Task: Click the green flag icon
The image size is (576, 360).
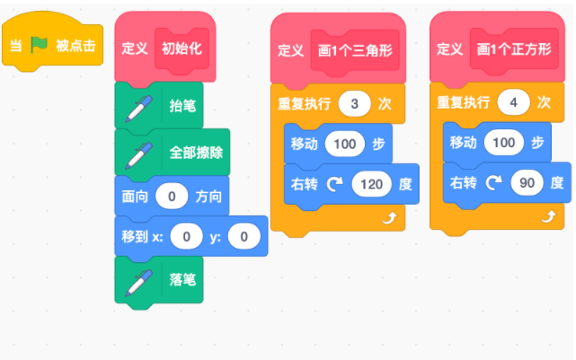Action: point(39,45)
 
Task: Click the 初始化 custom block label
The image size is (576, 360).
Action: point(182,48)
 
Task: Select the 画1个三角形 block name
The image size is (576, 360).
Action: point(355,50)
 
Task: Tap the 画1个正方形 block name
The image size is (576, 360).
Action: point(514,48)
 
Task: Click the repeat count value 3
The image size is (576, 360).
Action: point(354,104)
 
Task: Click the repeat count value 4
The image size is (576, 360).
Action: point(514,102)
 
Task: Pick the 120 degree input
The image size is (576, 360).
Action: point(371,184)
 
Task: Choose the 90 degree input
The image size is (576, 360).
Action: point(527,183)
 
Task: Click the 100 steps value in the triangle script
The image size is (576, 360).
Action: point(344,144)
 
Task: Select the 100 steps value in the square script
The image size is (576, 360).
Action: point(503,143)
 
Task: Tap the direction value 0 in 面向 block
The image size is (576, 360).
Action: point(172,197)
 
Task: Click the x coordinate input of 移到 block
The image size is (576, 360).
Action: point(187,237)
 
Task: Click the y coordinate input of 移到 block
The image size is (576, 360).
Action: point(244,237)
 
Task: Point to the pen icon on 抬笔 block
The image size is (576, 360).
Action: point(139,109)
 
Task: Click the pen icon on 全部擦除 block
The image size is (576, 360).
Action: point(139,155)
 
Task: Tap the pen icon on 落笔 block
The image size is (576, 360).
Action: point(139,283)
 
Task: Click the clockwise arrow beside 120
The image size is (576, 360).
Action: point(335,184)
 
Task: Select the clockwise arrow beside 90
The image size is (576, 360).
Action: point(494,182)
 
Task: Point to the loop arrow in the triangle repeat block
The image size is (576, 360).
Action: point(390,218)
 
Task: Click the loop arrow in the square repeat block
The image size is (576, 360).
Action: point(549,216)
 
